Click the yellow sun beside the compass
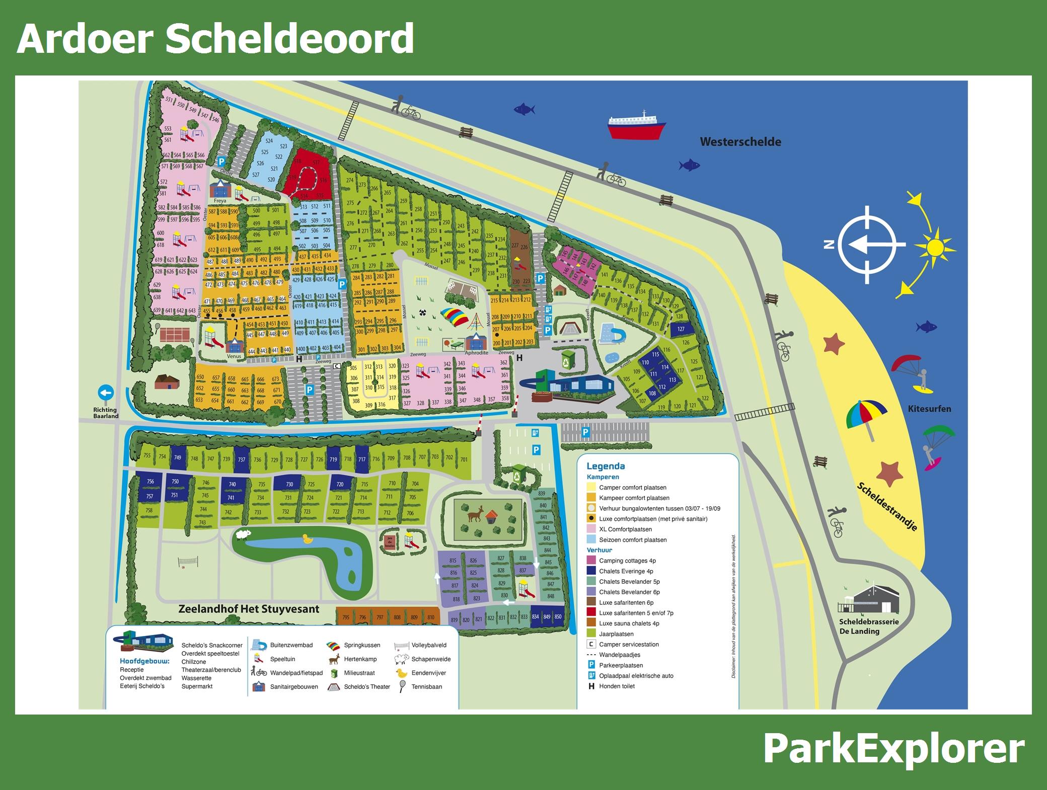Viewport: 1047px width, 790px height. click(x=934, y=247)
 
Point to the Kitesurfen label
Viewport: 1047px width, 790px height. click(x=929, y=409)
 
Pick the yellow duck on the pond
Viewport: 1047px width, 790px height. click(x=306, y=539)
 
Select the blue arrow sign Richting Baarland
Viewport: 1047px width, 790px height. click(x=106, y=393)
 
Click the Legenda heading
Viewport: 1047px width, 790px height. click(x=606, y=466)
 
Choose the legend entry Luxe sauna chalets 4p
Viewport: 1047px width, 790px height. click(x=628, y=623)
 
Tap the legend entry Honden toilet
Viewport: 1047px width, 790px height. click(x=616, y=686)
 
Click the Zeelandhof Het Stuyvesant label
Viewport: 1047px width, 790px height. click(x=249, y=609)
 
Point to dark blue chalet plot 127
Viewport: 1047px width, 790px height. click(x=681, y=329)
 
